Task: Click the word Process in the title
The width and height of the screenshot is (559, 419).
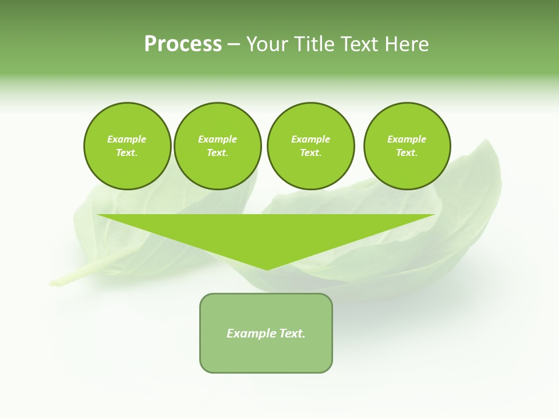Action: (x=183, y=44)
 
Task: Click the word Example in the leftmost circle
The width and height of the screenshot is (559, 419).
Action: (x=127, y=139)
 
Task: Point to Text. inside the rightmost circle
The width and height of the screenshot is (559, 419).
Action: (x=407, y=152)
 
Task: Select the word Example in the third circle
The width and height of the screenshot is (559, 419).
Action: (x=310, y=139)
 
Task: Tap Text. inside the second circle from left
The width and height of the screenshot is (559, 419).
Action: (x=217, y=152)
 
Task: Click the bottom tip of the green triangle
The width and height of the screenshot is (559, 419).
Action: (x=267, y=268)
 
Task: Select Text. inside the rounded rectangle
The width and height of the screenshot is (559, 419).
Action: (x=292, y=333)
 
